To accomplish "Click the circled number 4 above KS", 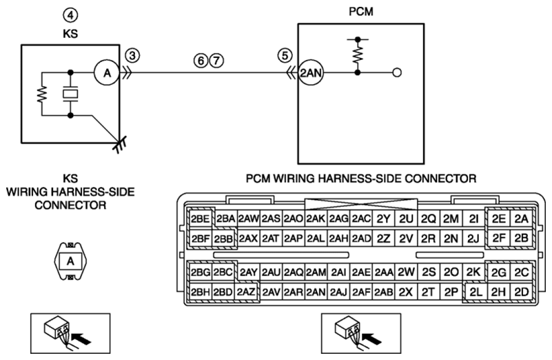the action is (70, 14).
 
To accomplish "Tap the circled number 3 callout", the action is (132, 56).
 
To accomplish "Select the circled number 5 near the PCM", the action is (285, 55).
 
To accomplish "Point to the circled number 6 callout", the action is (201, 61).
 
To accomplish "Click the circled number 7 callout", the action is (216, 61).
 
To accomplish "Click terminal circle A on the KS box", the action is (107, 73).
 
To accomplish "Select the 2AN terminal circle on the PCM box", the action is (311, 72).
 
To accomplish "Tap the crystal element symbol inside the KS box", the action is (70, 94).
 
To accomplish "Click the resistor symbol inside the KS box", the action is (42, 94).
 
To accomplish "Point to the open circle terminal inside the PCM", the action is (397, 73).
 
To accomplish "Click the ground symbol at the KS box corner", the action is (120, 143).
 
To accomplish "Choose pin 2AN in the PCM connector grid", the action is (316, 292).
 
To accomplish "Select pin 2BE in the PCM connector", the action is (200, 219).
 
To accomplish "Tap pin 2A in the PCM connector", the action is (522, 219).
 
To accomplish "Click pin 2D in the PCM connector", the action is (522, 292).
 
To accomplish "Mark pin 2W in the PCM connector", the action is (406, 272).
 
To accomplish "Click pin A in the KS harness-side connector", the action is (70, 261).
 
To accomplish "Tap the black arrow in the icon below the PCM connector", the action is (372, 339).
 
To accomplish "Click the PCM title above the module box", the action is (361, 12).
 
